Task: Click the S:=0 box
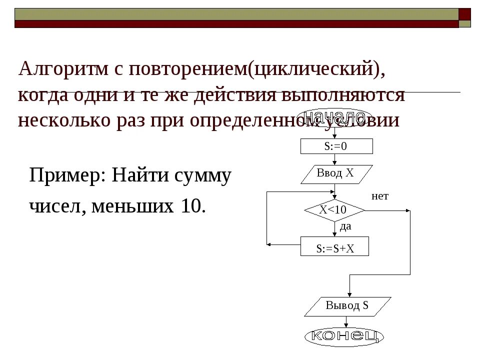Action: (336, 146)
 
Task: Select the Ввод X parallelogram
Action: (336, 174)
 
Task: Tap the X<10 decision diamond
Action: (334, 210)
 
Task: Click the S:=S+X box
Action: (334, 247)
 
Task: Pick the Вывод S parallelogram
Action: (347, 306)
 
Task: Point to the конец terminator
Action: (344, 335)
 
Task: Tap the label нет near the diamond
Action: (380, 196)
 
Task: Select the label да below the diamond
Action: (345, 226)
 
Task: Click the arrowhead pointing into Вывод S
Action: (349, 294)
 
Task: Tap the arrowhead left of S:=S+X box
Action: (269, 244)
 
